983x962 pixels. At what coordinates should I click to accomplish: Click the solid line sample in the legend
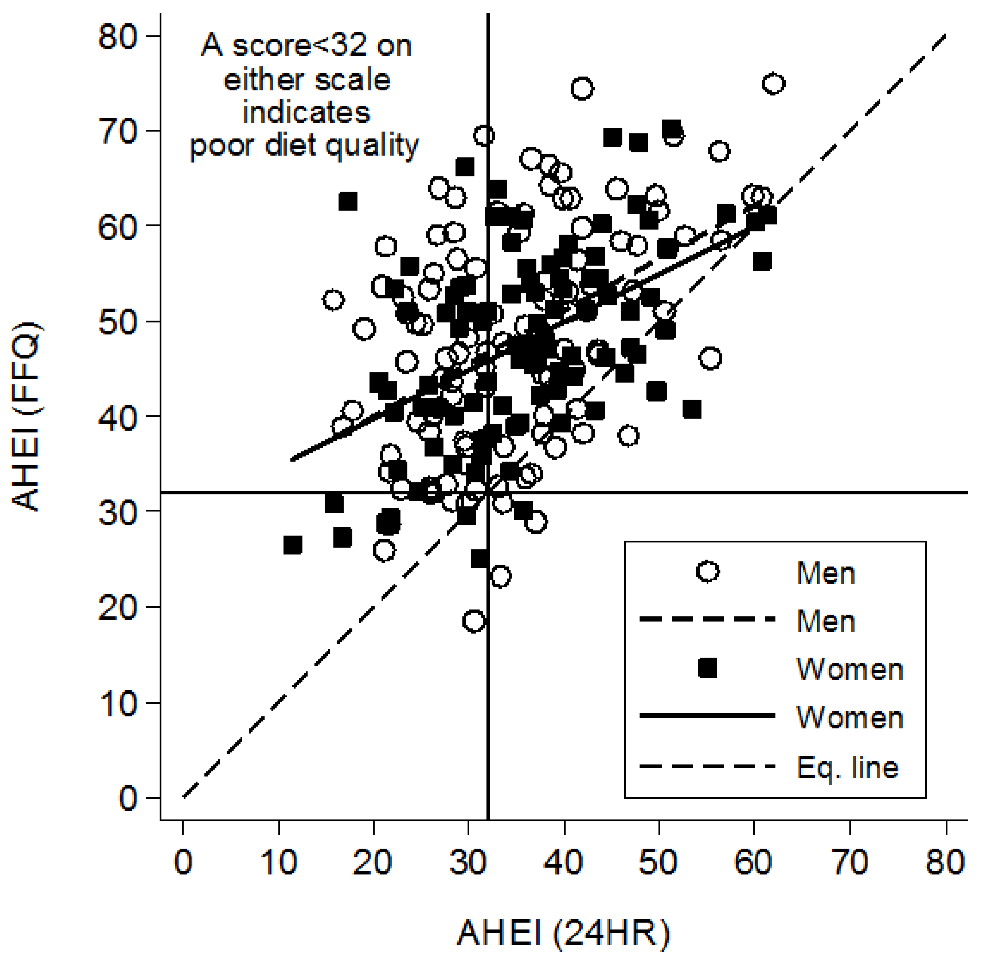pos(708,715)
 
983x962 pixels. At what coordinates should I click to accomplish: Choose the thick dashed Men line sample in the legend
pos(708,619)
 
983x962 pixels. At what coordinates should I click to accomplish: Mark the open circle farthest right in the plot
pos(774,84)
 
